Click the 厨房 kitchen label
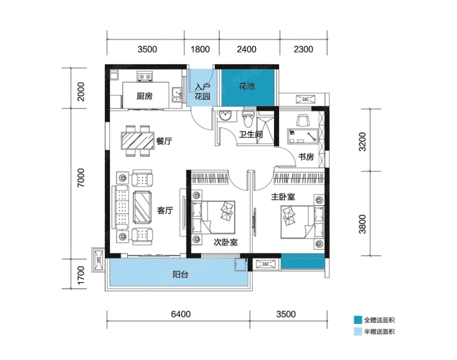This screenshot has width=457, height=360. tap(145, 96)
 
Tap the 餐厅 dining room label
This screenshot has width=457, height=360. tap(164, 141)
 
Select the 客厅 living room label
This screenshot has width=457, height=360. tap(165, 210)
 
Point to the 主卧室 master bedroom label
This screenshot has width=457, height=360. tap(283, 197)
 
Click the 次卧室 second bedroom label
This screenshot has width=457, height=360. tap(225, 242)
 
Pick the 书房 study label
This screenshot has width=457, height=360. tap(306, 157)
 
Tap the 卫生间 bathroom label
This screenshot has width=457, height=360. tap(251, 135)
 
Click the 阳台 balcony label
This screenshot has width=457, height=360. tap(180, 274)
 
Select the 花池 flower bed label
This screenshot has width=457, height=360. tap(247, 86)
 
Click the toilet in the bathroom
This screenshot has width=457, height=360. tap(248, 118)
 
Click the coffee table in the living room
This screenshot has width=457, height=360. tap(142, 207)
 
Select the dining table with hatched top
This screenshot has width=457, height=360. tap(138, 141)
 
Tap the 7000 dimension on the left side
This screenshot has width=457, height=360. tap(81, 178)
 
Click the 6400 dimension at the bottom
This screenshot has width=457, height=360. tap(181, 314)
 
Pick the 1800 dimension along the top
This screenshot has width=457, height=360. tap(200, 49)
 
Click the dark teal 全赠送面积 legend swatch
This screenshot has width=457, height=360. tap(358, 320)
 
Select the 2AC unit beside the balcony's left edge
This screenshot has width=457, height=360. tap(98, 260)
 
